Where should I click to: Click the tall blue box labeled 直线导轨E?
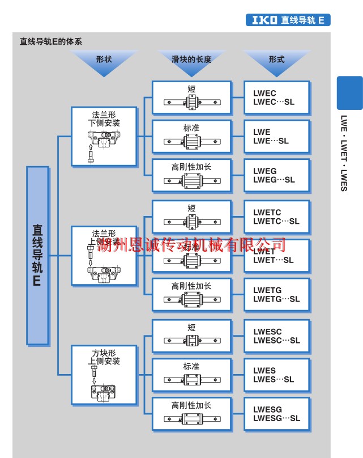coord(37,255)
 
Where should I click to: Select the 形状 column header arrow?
coord(104,62)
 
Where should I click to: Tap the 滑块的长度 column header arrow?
coord(191,62)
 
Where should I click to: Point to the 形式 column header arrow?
coord(277,62)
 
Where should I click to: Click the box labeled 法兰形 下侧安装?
coord(104,136)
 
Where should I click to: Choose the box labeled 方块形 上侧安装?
coord(104,375)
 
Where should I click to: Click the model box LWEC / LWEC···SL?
coord(277,97)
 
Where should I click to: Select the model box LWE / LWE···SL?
coord(277,137)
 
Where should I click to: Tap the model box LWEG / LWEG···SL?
coord(277,175)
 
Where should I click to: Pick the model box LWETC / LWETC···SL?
coord(277,217)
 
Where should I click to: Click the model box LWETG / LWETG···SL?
coord(277,295)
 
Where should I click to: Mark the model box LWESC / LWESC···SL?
coord(277,336)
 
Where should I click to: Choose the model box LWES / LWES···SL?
coord(277,375)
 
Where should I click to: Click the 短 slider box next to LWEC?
coord(191,97)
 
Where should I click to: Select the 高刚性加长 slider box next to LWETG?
coord(191,295)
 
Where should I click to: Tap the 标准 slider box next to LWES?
coord(191,375)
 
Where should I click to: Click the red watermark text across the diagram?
coord(191,245)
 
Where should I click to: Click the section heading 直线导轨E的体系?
coord(50,41)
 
